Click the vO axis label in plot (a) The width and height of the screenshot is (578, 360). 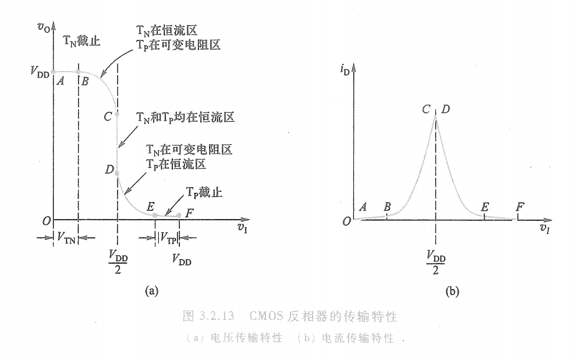42,26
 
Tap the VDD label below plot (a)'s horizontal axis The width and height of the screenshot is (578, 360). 182,260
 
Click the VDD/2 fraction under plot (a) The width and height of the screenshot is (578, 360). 118,260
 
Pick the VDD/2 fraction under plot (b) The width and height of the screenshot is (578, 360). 437,260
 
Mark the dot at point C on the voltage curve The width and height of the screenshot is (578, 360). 118,115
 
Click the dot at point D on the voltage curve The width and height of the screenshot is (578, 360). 118,174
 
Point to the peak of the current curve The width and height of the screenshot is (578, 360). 436,117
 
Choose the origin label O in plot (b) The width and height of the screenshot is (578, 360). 346,221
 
